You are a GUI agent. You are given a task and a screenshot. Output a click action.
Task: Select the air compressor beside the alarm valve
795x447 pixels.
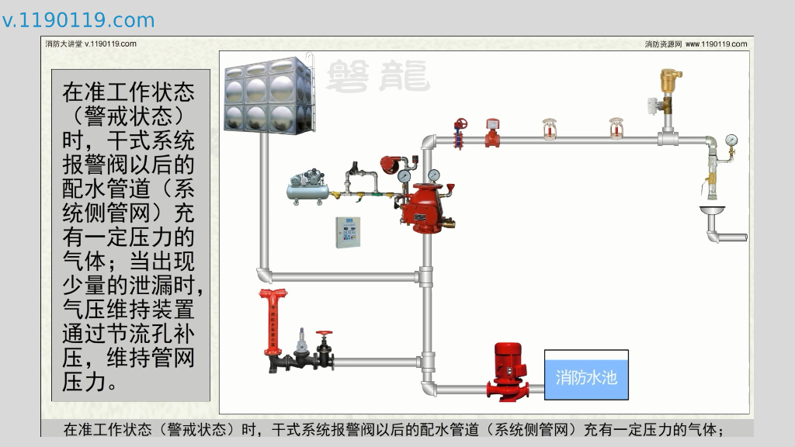pos(307,189)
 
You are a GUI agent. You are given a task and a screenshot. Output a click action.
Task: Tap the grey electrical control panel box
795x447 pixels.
pos(349,232)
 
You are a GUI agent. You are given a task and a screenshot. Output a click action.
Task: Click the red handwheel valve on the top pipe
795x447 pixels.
pos(461,124)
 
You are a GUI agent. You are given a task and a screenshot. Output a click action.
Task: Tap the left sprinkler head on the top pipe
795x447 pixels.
pos(550,130)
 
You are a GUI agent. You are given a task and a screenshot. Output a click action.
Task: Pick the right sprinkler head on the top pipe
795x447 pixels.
pos(616,130)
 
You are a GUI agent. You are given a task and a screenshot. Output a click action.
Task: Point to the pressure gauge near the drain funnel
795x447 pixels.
pos(731,140)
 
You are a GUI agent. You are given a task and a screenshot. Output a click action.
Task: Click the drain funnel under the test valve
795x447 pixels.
pos(712,210)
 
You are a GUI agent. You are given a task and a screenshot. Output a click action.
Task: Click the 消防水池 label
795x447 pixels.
pos(586,378)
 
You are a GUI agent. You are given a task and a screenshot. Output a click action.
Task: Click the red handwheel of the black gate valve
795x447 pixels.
pos(324,334)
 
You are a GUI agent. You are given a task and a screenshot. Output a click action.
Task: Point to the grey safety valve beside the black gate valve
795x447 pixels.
pos(300,341)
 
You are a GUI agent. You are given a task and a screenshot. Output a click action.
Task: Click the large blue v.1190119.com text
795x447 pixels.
pos(78,20)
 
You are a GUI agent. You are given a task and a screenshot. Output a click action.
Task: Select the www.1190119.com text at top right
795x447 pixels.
pos(716,44)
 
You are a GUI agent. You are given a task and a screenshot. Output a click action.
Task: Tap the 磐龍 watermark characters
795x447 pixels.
pos(377,76)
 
